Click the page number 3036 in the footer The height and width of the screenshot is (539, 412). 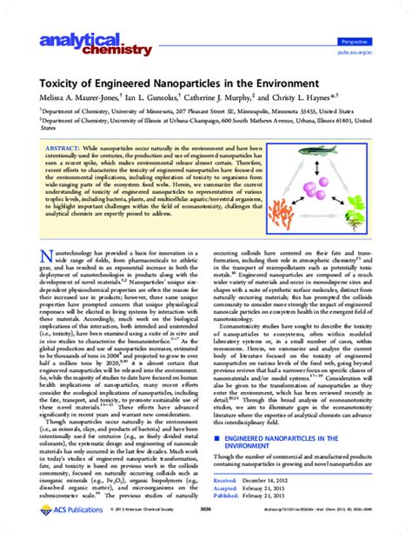coord(206,523)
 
